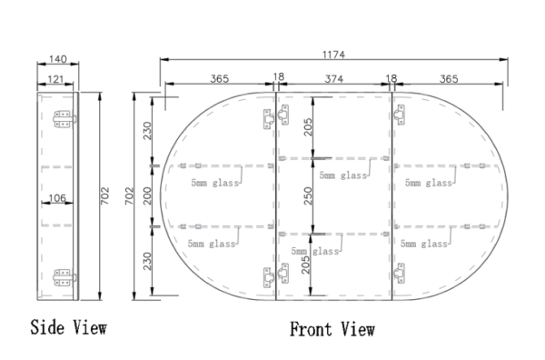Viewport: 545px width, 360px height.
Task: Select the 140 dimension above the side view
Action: coord(57,60)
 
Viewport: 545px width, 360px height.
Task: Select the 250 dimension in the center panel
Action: coord(310,197)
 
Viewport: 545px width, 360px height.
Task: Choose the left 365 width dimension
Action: coord(218,79)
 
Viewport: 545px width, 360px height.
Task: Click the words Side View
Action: coord(68,325)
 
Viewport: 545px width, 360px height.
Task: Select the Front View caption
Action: coord(332,329)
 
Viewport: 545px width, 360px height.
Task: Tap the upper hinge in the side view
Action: coord(62,119)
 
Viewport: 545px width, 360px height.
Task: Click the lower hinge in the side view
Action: coord(62,275)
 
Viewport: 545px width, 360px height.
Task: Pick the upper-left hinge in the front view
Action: coord(268,119)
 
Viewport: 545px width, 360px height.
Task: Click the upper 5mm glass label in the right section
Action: coord(428,183)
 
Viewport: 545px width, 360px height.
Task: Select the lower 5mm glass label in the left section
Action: coord(211,244)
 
